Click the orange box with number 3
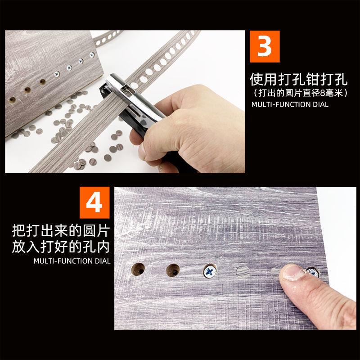[x=265, y=46]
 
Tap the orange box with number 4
[x=94, y=202]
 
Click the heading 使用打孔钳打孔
[x=298, y=80]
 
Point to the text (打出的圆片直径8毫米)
[x=300, y=93]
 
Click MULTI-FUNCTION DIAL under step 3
[x=290, y=104]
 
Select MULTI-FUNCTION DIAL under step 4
[x=72, y=261]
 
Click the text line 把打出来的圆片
[x=61, y=230]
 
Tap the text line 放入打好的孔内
[x=61, y=247]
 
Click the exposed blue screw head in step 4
[x=210, y=271]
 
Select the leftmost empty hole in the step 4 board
[x=138, y=269]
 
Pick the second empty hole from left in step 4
[x=173, y=270]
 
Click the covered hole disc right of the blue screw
[x=243, y=272]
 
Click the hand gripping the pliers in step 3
[x=190, y=129]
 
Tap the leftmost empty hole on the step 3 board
[x=12, y=100]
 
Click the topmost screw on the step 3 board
[x=92, y=55]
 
